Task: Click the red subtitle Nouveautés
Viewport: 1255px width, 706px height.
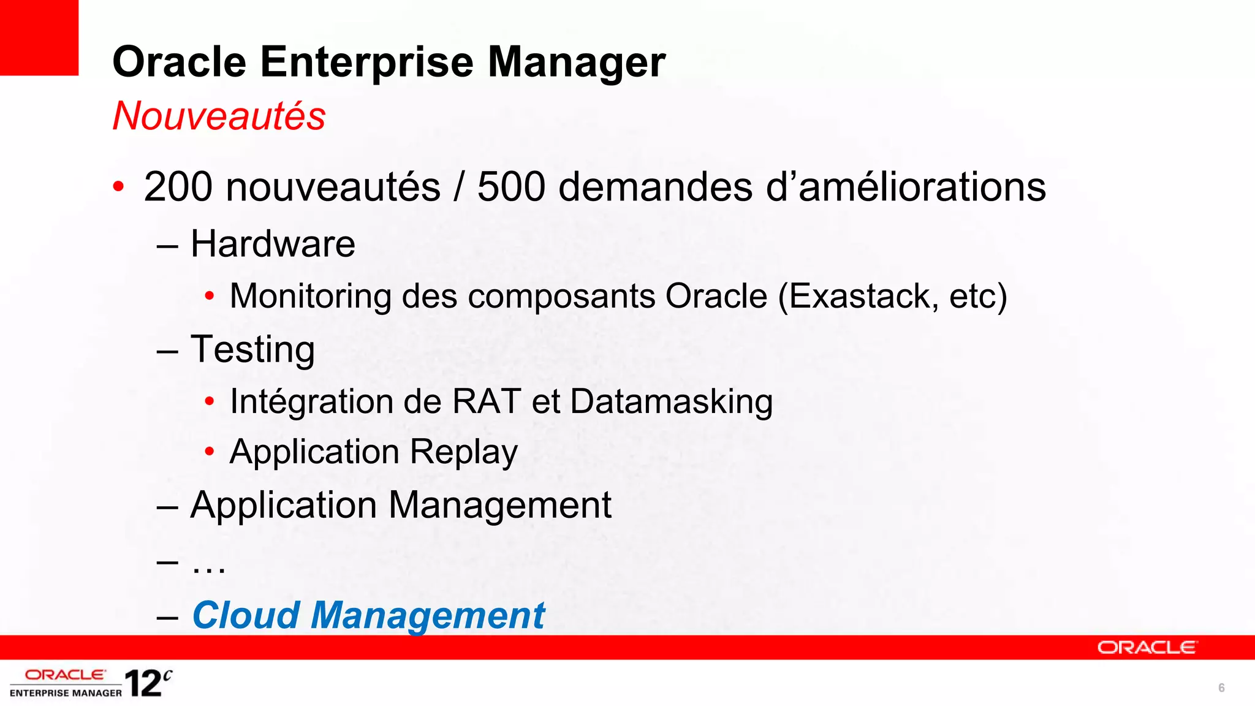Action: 219,116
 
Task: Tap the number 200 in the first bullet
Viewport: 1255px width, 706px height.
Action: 178,187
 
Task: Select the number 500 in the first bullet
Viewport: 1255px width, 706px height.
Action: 511,187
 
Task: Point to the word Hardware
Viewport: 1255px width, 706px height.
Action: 273,244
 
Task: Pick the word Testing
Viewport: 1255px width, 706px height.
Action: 252,350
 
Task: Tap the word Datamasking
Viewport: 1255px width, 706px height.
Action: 671,402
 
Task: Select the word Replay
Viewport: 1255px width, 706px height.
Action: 464,452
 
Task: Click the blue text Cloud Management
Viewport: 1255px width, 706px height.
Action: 368,615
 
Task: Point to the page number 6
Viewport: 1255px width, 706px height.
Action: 1221,688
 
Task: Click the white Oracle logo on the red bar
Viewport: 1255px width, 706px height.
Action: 1147,648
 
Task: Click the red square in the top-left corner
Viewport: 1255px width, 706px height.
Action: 39,37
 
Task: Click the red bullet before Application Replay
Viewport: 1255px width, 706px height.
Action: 210,452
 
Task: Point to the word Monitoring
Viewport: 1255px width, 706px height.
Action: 310,297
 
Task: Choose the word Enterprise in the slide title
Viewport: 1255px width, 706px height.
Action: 366,62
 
